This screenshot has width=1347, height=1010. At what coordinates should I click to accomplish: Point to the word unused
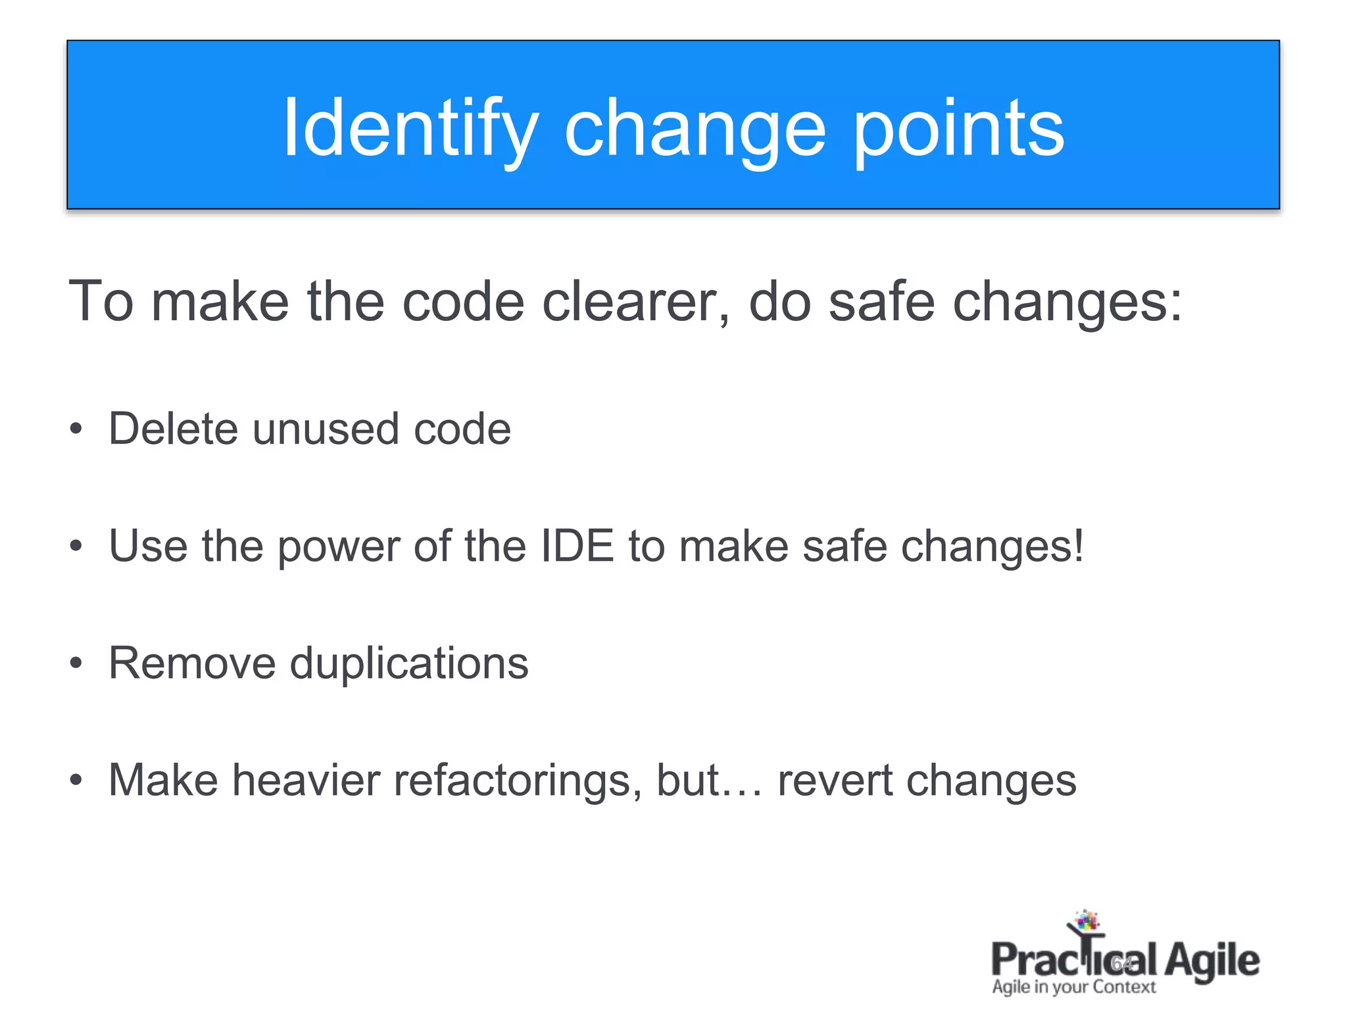pyautogui.click(x=326, y=429)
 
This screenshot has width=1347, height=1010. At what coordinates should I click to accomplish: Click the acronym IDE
pyautogui.click(x=577, y=546)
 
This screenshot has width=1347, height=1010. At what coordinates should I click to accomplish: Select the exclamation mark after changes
pyautogui.click(x=1078, y=546)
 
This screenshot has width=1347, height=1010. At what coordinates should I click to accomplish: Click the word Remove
pyautogui.click(x=192, y=663)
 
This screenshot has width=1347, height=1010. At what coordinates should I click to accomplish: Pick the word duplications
pyautogui.click(x=409, y=663)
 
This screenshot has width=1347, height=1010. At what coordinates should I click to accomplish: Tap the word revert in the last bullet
pyautogui.click(x=833, y=780)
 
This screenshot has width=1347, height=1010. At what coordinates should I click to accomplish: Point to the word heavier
pyautogui.click(x=306, y=780)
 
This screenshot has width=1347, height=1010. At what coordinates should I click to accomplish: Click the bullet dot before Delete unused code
pyautogui.click(x=76, y=429)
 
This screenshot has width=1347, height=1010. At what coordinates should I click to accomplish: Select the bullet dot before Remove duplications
pyautogui.click(x=76, y=663)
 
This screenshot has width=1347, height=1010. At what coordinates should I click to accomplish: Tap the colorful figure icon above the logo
pyautogui.click(x=1086, y=923)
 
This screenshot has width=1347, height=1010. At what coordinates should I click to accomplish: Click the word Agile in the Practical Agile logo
pyautogui.click(x=1212, y=961)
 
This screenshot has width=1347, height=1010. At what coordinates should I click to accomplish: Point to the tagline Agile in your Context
pyautogui.click(x=1073, y=987)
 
